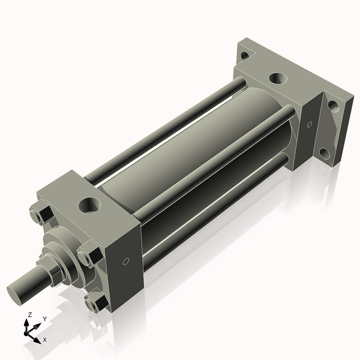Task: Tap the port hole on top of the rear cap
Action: tap(278, 79)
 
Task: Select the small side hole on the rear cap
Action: tap(310, 125)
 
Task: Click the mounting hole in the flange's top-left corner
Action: tap(244, 56)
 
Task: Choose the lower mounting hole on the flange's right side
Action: tap(325, 154)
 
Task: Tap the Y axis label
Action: tap(44, 319)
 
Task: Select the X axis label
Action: tap(45, 340)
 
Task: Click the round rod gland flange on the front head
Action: tap(64, 246)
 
